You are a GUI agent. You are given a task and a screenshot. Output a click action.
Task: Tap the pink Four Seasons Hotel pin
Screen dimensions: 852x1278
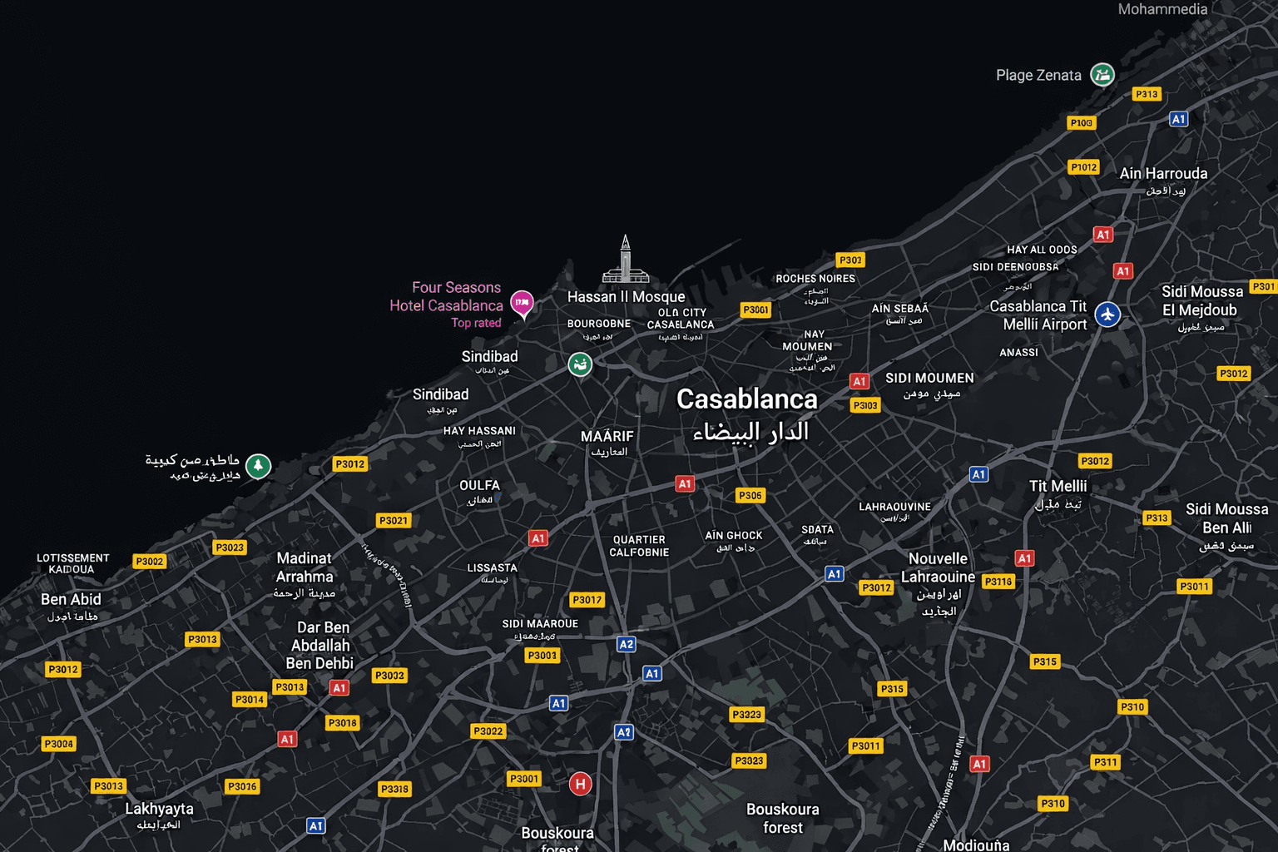[522, 303]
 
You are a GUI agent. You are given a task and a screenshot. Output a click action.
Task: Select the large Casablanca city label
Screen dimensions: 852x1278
[747, 399]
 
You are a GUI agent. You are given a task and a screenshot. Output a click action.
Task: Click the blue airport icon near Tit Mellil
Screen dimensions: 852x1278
[1107, 315]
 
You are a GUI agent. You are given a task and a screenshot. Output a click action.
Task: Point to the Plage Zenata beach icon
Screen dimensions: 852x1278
[1102, 75]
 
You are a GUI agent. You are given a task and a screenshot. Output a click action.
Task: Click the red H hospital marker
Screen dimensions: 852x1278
[580, 783]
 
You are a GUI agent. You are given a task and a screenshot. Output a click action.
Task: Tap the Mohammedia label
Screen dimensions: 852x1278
[1162, 10]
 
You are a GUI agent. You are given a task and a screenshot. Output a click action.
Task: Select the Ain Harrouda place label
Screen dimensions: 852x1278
[1163, 174]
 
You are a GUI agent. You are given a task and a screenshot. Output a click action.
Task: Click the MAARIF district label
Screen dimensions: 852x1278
[607, 436]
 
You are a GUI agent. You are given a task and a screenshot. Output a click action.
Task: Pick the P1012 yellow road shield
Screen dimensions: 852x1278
[1083, 167]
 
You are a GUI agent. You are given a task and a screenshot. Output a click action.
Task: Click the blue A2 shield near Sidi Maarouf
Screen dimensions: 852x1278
[626, 644]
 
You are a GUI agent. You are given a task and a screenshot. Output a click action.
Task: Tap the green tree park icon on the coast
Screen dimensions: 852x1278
[258, 466]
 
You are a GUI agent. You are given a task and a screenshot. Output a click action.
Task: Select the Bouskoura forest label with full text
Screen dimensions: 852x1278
[782, 818]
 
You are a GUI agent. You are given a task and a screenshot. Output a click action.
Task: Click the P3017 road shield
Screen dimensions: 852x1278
[587, 600]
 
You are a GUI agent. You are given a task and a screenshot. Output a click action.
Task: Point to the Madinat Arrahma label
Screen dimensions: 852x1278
[305, 567]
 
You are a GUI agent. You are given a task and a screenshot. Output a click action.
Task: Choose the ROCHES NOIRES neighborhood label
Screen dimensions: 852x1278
[815, 279]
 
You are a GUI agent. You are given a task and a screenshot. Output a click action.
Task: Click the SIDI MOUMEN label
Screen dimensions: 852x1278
[929, 378]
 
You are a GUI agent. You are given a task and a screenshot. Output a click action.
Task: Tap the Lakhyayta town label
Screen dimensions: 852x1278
[159, 809]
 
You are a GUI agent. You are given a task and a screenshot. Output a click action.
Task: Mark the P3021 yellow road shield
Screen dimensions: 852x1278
[394, 521]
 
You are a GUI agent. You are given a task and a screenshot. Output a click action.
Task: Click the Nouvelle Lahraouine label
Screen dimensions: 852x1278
[938, 567]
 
